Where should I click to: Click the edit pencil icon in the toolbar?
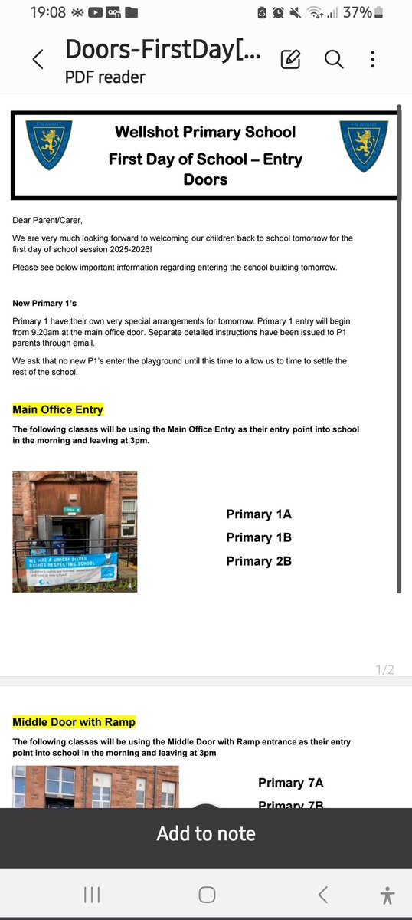pos(290,59)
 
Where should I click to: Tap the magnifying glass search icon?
pos(334,59)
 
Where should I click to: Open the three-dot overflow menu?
pos(373,59)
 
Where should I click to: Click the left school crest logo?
pos(49,146)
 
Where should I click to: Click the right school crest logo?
pos(363,146)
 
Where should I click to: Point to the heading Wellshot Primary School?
pos(205,132)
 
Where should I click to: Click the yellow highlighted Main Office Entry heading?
pos(57,409)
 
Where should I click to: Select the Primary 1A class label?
pos(259,514)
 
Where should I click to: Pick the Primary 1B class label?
pos(259,537)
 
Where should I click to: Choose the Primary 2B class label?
pos(259,561)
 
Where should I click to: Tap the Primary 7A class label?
pos(291,783)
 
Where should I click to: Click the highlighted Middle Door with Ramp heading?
pos(74,722)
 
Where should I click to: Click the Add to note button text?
pos(206,834)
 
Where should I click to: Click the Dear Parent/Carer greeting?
pos(47,220)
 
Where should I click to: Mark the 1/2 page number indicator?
pos(384,670)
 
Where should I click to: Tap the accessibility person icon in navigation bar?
pos(387,895)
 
